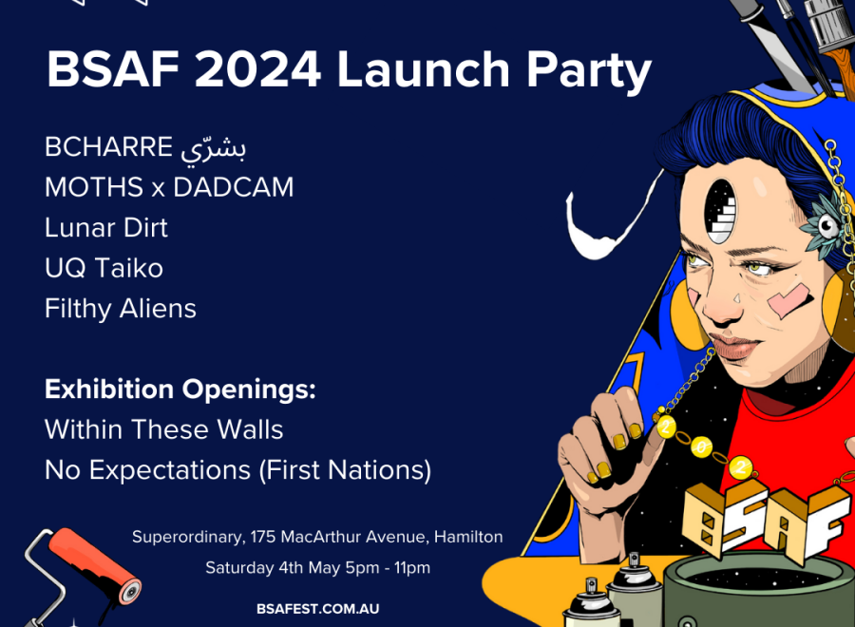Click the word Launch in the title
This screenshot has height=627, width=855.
coord(423,69)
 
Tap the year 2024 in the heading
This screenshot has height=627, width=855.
coord(257,69)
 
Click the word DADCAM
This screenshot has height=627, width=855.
coord(234,187)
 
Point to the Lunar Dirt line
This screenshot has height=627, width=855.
coord(106,227)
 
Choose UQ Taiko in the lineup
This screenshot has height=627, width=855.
coord(104,268)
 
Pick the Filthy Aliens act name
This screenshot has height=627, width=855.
coord(121,309)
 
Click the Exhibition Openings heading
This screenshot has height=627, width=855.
coord(180,389)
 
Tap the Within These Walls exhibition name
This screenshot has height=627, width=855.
coord(164,429)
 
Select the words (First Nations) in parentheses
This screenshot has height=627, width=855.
coord(345,470)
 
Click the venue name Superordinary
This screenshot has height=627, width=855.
coord(188,537)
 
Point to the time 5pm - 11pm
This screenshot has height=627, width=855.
coord(388,567)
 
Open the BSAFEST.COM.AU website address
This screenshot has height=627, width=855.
coord(318,609)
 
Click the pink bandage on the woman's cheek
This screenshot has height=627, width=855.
coord(788,300)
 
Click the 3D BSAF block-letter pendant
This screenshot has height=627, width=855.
coord(762,518)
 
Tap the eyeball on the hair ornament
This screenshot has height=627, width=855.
coord(828,225)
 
